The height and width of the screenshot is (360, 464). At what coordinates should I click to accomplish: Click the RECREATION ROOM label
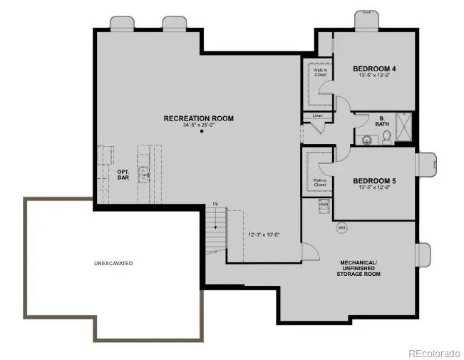point(198,118)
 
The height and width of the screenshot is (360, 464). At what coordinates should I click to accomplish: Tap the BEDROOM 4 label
point(374,69)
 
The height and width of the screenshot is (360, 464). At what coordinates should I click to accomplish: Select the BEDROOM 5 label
point(374,181)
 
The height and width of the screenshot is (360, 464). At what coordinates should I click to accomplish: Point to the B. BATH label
point(382,121)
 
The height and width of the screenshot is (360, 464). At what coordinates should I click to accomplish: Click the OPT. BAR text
point(123,175)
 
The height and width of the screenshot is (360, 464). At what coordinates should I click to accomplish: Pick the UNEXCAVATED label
point(113,263)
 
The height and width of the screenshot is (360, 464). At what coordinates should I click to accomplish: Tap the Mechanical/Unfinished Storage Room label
point(359,268)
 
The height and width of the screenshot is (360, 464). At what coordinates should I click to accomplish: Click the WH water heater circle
point(341,228)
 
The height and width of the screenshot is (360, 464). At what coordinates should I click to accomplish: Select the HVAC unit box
point(324,205)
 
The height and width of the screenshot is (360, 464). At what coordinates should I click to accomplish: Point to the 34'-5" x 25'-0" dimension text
point(198,126)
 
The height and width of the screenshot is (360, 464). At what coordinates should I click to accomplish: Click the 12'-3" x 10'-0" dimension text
point(264,235)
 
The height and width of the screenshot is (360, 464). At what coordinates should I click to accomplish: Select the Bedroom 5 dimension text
point(374,189)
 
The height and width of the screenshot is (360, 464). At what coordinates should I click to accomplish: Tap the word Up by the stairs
point(215,205)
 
